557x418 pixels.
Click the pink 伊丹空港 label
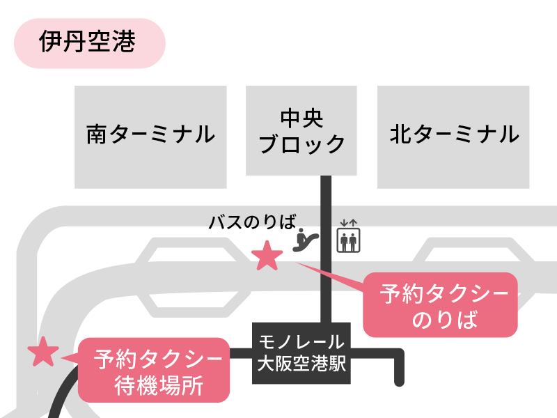tap(88, 43)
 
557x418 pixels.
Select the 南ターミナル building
tap(151, 137)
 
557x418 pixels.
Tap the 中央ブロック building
tap(301, 130)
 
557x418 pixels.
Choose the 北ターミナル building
tap(453, 137)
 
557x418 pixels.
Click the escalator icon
tap(306, 239)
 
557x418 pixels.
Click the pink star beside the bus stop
tap(267, 256)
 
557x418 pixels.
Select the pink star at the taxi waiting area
tap(42, 353)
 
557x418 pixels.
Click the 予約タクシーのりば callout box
tap(440, 305)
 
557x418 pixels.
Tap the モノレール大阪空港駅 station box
tap(301, 353)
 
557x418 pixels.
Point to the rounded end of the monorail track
tap(399, 380)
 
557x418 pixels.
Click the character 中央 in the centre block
tap(301, 117)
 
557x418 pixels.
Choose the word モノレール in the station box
tap(301, 342)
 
